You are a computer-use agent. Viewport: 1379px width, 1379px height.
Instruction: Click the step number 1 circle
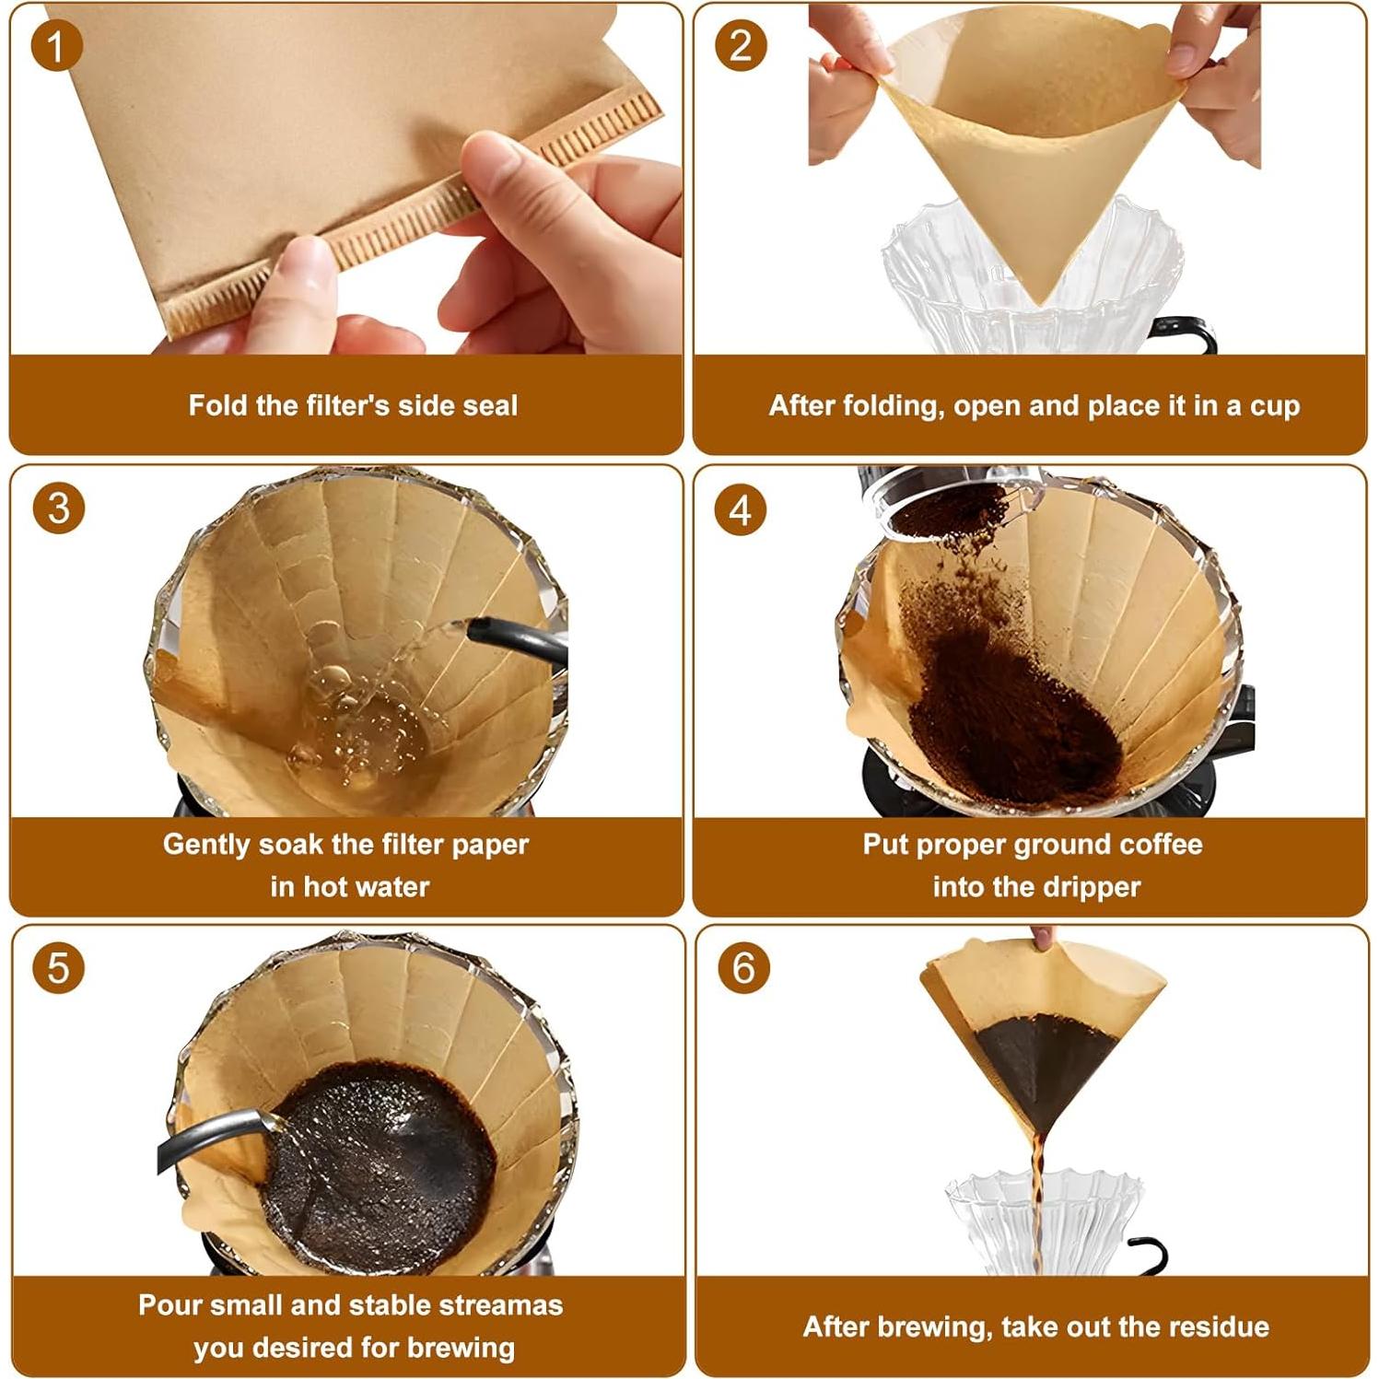pos(56,46)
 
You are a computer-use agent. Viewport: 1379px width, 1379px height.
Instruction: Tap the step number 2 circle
pos(741,46)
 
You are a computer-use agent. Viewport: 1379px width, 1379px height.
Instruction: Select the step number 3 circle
pos(58,508)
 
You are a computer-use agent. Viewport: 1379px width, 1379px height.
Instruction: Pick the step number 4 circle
pos(741,509)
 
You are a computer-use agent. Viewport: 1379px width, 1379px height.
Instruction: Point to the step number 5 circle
pos(58,968)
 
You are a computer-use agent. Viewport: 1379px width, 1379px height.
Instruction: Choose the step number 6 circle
pos(742,968)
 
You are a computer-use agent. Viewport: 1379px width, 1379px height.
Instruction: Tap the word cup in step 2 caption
pos(1274,405)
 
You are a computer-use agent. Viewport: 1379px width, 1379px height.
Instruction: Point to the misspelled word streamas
pos(503,1304)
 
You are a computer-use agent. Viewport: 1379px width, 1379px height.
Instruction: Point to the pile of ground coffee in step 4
pos(1004,709)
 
